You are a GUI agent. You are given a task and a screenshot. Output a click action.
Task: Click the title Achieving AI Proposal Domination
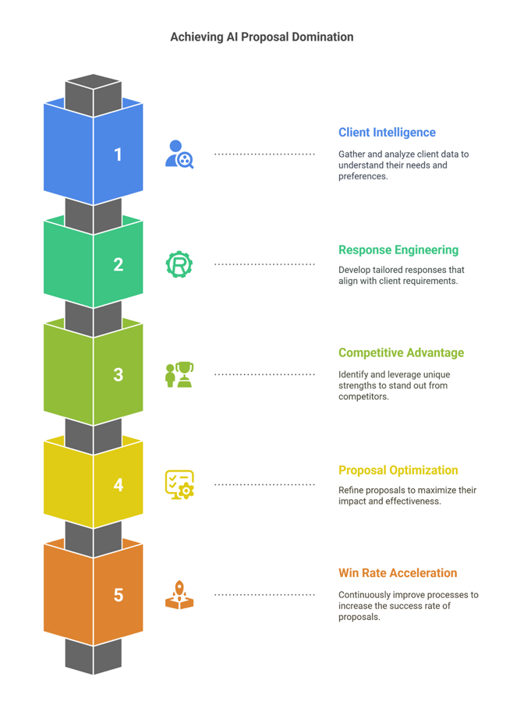coord(261,37)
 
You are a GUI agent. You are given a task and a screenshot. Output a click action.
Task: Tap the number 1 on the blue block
coord(118,154)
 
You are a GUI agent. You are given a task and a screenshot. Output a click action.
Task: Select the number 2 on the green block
coord(119,264)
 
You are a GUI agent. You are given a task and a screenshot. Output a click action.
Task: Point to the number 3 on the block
coord(119,374)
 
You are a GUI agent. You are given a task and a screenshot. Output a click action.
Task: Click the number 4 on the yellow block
coord(119,485)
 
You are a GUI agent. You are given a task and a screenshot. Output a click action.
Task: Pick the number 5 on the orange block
coord(119,595)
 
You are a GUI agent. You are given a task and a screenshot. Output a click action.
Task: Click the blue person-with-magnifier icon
coord(179,154)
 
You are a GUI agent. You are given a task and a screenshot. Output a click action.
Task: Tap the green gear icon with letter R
coord(179,264)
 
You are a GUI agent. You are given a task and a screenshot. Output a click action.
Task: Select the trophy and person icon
coord(179,374)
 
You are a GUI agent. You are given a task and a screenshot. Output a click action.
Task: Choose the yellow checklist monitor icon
coord(179,485)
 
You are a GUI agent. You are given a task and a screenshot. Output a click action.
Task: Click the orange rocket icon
coord(179,594)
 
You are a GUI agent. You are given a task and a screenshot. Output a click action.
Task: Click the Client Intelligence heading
coord(387,133)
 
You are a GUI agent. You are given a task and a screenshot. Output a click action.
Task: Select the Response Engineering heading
coord(398,250)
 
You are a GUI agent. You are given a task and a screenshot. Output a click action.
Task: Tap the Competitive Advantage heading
coord(401,353)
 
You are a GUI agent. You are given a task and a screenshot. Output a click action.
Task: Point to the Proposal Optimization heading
coord(398,470)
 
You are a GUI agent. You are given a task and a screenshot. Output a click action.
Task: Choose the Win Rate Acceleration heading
coord(398,573)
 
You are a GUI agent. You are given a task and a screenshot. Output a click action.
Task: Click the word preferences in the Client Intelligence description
coord(363,177)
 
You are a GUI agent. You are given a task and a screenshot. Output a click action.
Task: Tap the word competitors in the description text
coord(363,397)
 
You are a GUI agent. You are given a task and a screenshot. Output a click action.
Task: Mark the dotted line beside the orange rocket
coord(264,595)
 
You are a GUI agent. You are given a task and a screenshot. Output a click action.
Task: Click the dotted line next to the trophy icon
coord(264,374)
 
